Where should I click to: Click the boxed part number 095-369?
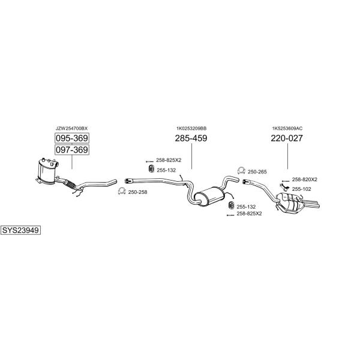(72, 138)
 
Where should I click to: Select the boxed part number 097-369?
(72, 149)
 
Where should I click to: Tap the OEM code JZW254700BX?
(71, 128)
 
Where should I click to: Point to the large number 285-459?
(191, 138)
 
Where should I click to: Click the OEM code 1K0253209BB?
(191, 128)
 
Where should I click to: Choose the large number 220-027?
(287, 138)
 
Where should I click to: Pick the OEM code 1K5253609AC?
(287, 128)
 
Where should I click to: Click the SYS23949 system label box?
(20, 230)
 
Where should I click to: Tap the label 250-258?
(138, 192)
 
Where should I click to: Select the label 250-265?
(257, 172)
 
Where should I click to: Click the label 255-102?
(301, 189)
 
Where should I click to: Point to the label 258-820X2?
(304, 179)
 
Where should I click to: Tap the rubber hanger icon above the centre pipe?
(152, 169)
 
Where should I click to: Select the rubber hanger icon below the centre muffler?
(232, 205)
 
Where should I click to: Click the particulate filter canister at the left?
(47, 171)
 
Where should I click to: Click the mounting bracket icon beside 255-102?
(284, 187)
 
